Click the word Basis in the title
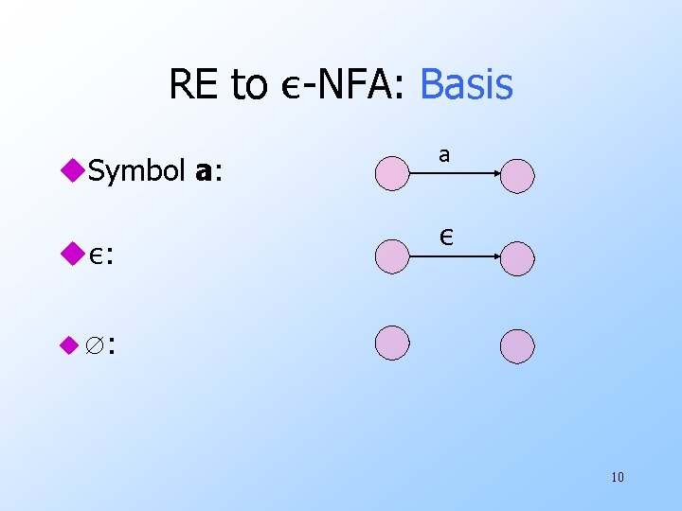466,84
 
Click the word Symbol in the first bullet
138,172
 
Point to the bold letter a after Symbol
202,173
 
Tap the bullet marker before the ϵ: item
72,253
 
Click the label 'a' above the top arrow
444,153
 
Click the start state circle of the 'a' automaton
392,174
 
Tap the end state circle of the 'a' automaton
517,175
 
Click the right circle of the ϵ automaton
517,258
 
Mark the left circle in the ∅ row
392,343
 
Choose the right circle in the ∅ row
517,346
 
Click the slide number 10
617,476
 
